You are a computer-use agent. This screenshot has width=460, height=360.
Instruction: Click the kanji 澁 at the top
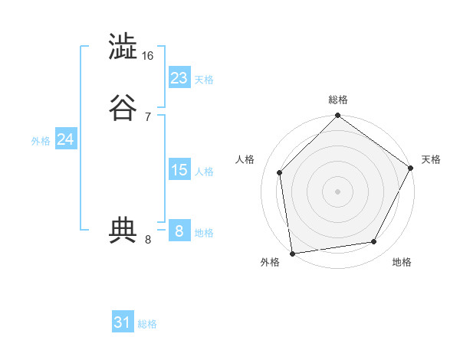tap(122, 47)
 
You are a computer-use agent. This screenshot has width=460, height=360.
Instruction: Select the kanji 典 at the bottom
tap(122, 231)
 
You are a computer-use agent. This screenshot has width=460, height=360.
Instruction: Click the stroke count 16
tap(148, 56)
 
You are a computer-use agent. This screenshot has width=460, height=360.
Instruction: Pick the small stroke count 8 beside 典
tap(148, 240)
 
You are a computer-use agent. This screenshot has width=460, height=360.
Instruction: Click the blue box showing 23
tap(179, 78)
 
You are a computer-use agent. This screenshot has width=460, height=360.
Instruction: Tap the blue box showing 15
tap(179, 170)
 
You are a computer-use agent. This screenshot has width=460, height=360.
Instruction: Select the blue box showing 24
tap(66, 139)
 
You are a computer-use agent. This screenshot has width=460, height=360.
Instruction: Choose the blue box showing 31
tap(123, 322)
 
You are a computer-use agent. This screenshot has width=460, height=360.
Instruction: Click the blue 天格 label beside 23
tap(204, 80)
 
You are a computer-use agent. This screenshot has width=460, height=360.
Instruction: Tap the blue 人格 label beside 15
tap(204, 172)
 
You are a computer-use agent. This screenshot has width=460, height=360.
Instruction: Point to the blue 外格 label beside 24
tap(41, 141)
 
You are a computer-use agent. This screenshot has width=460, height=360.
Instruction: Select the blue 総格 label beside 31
tap(147, 324)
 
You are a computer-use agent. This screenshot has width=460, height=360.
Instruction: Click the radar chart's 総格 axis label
tap(338, 100)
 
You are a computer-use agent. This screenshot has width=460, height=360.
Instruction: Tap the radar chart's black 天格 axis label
tap(431, 159)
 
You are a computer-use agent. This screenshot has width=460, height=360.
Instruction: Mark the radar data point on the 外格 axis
tap(292, 253)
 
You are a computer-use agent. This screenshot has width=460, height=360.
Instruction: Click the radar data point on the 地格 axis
tap(374, 241)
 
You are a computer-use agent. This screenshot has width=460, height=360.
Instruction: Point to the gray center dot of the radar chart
tap(337, 191)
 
